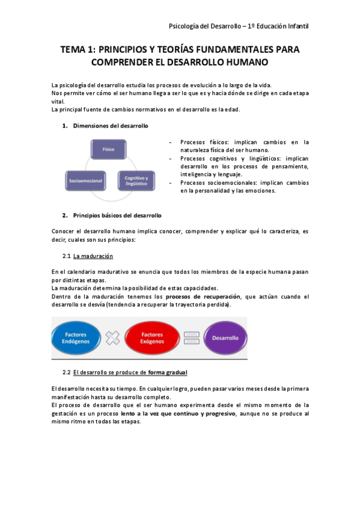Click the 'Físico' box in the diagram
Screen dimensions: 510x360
[x=108, y=148]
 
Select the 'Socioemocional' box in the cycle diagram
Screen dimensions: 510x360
[x=84, y=180]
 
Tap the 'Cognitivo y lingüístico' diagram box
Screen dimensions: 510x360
[x=136, y=180]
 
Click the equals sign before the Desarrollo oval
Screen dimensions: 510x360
[x=191, y=338]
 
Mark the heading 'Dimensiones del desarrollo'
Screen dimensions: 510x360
[x=110, y=126]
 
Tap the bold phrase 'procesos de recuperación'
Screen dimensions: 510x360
[x=203, y=296]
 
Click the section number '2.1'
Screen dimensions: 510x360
[x=67, y=256]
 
